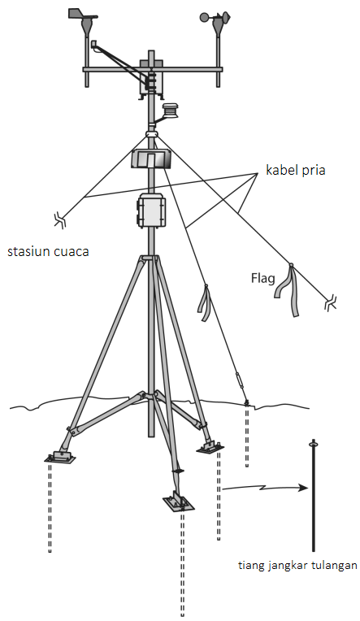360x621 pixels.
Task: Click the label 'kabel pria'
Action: [295, 170]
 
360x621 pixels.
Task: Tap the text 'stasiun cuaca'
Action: [48, 251]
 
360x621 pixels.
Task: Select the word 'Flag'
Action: [262, 279]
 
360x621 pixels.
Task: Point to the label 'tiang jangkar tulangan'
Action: [297, 566]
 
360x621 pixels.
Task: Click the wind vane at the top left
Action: [84, 20]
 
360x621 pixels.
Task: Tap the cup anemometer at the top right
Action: [216, 20]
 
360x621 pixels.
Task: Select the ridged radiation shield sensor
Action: [171, 110]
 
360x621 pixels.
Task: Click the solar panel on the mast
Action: [151, 159]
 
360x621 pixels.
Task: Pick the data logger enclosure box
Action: [151, 211]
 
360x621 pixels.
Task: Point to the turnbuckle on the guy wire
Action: [238, 380]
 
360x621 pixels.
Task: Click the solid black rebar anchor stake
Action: [313, 495]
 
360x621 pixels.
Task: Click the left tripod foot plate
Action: [60, 457]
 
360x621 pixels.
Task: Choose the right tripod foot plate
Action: [210, 446]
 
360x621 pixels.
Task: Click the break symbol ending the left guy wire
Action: [60, 219]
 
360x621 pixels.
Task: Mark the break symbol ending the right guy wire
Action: [330, 304]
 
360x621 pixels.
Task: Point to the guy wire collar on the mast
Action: [151, 134]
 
